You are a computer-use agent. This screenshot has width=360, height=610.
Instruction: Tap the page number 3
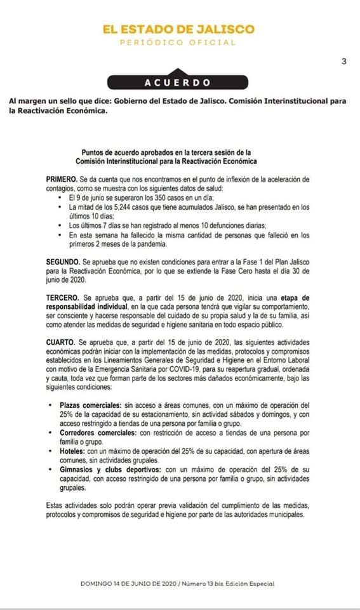click(x=343, y=62)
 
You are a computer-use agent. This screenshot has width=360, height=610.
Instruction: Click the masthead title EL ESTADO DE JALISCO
click(x=180, y=29)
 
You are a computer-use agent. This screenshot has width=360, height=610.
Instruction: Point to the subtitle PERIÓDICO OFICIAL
click(x=180, y=43)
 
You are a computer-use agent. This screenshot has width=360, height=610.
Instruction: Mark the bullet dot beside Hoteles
click(x=50, y=450)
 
